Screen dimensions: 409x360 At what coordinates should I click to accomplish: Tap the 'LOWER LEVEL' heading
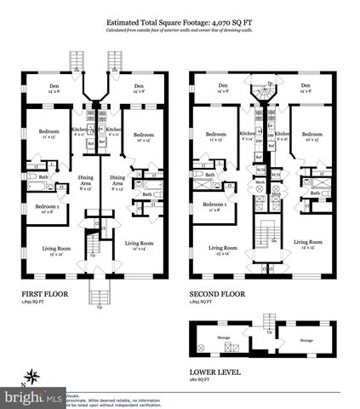pos(214,372)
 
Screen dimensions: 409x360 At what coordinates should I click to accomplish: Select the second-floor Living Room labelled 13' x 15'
pos(311,242)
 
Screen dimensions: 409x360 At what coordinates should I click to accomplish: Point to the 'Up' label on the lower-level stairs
pos(269,331)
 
